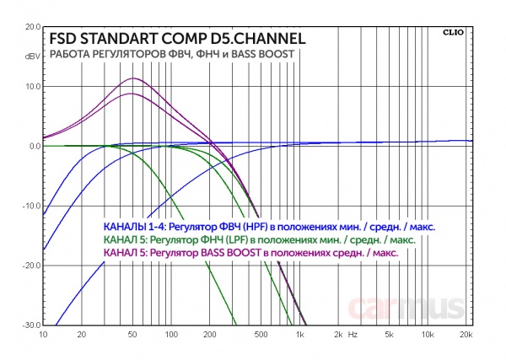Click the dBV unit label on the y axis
[33, 56]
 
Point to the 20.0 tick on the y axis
[32, 26]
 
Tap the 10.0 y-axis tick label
[32, 86]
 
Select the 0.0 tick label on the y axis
[35, 146]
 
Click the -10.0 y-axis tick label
[30, 206]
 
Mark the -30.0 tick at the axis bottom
[30, 325]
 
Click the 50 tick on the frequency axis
[132, 334]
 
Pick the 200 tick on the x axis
[209, 334]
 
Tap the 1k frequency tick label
[299, 334]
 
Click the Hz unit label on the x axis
[353, 334]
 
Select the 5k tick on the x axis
[390, 334]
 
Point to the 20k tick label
[465, 334]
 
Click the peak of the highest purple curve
[132, 78]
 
